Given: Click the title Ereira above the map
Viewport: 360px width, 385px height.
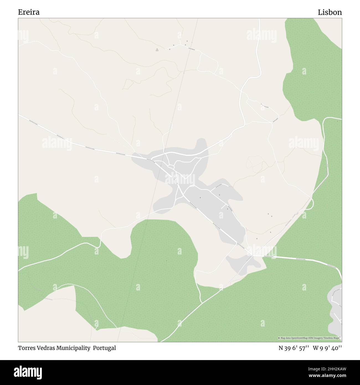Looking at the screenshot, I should [x=29, y=12].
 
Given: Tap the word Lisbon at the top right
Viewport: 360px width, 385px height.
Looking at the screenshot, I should [x=330, y=12].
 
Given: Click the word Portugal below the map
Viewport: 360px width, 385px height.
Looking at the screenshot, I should [x=104, y=348].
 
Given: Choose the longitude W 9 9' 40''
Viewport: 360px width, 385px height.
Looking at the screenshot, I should [x=327, y=348].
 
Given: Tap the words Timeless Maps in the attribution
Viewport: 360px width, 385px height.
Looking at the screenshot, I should [x=333, y=338].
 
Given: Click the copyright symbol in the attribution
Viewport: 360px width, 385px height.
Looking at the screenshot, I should [x=279, y=338].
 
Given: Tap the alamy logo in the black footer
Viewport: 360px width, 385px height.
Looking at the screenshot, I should [x=25, y=372].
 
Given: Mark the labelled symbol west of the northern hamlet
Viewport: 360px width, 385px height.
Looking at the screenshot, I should [x=157, y=50].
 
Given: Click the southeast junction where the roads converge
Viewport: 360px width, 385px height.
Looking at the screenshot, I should [x=252, y=255].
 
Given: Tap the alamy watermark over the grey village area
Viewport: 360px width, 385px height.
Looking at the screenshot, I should [x=180, y=177].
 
